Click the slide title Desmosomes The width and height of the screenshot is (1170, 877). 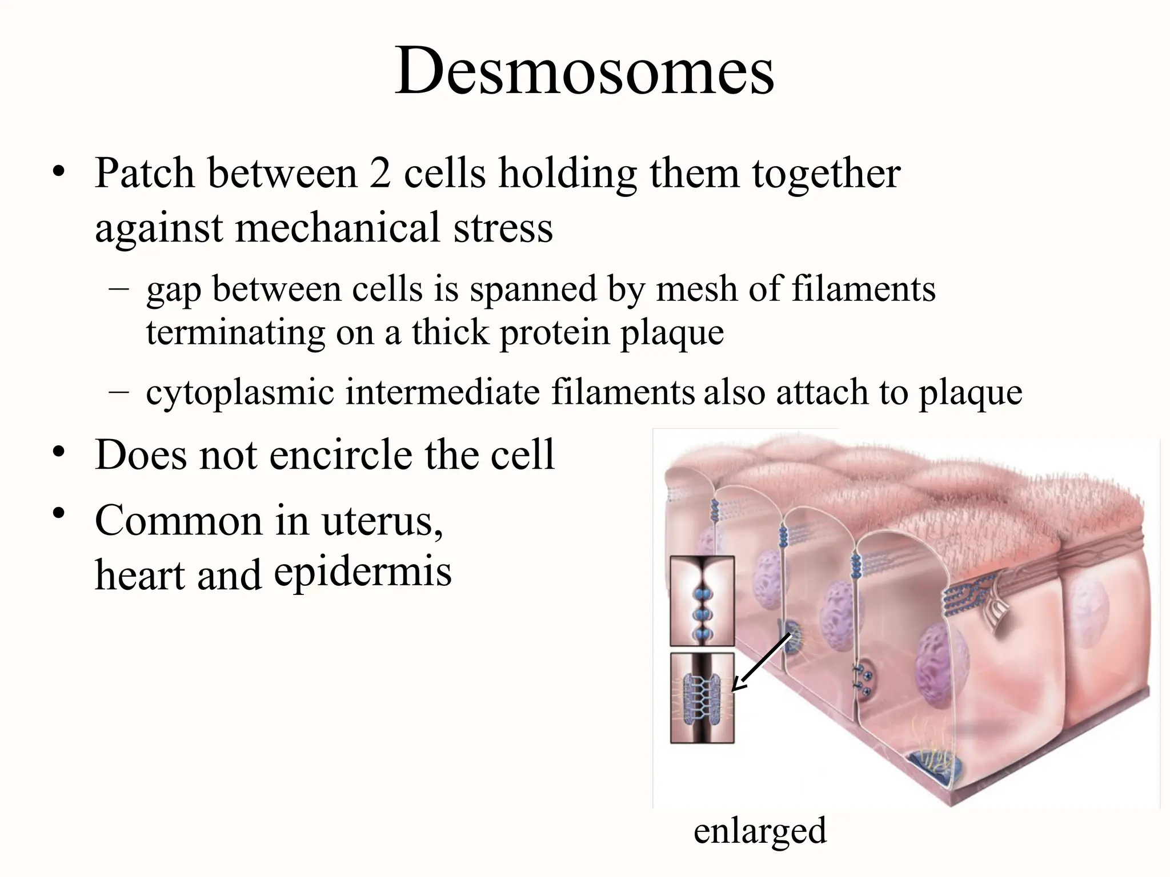pyautogui.click(x=584, y=71)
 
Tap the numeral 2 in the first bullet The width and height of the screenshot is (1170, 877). pyautogui.click(x=379, y=172)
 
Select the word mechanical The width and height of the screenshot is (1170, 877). pyautogui.click(x=337, y=227)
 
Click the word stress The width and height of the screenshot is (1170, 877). pyautogui.click(x=503, y=227)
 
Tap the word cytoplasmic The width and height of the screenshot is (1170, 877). pyautogui.click(x=240, y=392)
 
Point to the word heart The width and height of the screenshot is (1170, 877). pyautogui.click(x=139, y=574)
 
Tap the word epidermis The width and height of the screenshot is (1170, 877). pyautogui.click(x=363, y=572)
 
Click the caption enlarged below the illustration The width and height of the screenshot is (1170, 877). pyautogui.click(x=760, y=831)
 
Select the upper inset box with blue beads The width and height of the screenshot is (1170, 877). pyautogui.click(x=702, y=601)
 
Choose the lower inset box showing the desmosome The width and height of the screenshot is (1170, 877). pyautogui.click(x=702, y=698)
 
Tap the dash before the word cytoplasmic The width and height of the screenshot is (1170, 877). pyautogui.click(x=119, y=392)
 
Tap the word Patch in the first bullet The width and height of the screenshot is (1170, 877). pyautogui.click(x=145, y=172)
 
